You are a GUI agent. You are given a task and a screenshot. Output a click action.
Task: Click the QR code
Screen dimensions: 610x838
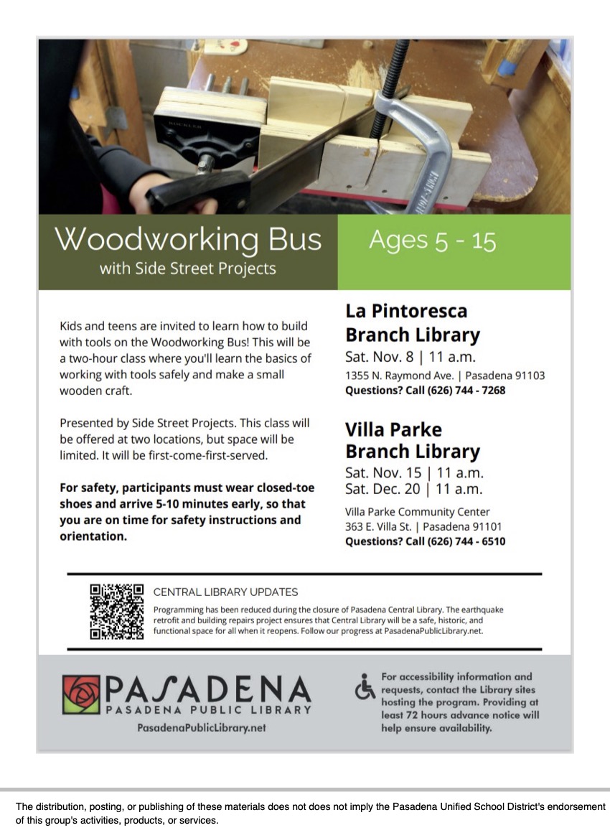(116, 611)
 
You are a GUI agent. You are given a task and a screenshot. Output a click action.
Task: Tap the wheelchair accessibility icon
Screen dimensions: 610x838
(365, 688)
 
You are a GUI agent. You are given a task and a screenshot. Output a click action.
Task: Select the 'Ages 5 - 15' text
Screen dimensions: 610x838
(432, 241)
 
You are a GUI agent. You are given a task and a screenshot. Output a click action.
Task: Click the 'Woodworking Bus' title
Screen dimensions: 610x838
(189, 239)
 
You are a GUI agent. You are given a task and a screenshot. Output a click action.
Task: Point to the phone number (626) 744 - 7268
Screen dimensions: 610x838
(466, 391)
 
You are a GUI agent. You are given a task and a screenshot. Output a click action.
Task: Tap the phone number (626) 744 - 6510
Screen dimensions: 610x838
(466, 541)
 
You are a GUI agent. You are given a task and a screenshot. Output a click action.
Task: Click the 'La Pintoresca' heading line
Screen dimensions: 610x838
(406, 311)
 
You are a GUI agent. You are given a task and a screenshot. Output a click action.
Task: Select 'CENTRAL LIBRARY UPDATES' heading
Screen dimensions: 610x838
(225, 592)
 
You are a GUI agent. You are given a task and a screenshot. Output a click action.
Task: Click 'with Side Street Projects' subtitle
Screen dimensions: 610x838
(187, 269)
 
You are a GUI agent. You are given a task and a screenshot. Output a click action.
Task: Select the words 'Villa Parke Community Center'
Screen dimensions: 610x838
(418, 512)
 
